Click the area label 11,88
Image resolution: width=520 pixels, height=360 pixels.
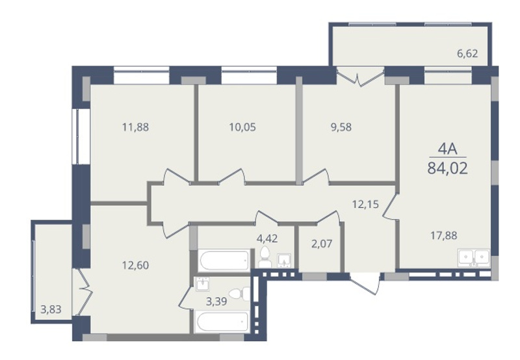tap(136, 127)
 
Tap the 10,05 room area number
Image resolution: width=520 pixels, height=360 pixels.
tap(242, 127)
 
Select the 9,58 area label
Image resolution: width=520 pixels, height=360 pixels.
tap(341, 127)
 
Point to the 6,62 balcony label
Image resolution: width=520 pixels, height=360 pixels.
tap(467, 53)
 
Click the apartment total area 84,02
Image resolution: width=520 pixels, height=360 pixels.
tap(448, 168)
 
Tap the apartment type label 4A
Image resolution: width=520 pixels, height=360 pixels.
tap(448, 149)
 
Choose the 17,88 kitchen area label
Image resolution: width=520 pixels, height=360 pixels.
tap(444, 236)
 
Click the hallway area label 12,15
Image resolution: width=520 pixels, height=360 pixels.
tap(365, 204)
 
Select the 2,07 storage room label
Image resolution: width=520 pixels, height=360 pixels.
tap(322, 244)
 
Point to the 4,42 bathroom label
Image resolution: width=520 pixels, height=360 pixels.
tap(267, 238)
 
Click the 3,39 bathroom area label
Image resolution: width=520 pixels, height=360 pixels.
tap(216, 302)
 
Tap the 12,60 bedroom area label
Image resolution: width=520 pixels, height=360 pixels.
tap(136, 265)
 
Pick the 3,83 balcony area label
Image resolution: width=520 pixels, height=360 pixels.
tap(51, 309)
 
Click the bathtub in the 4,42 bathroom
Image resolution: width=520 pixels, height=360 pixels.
tap(224, 261)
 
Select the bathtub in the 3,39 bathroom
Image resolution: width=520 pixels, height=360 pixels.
tap(222, 322)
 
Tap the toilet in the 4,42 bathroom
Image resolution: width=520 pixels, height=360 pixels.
tap(265, 257)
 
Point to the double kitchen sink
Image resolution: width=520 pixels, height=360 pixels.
tap(474, 257)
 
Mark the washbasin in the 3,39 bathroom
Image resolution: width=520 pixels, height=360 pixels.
tap(202, 285)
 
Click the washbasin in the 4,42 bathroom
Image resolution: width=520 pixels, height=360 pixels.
tap(285, 260)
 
